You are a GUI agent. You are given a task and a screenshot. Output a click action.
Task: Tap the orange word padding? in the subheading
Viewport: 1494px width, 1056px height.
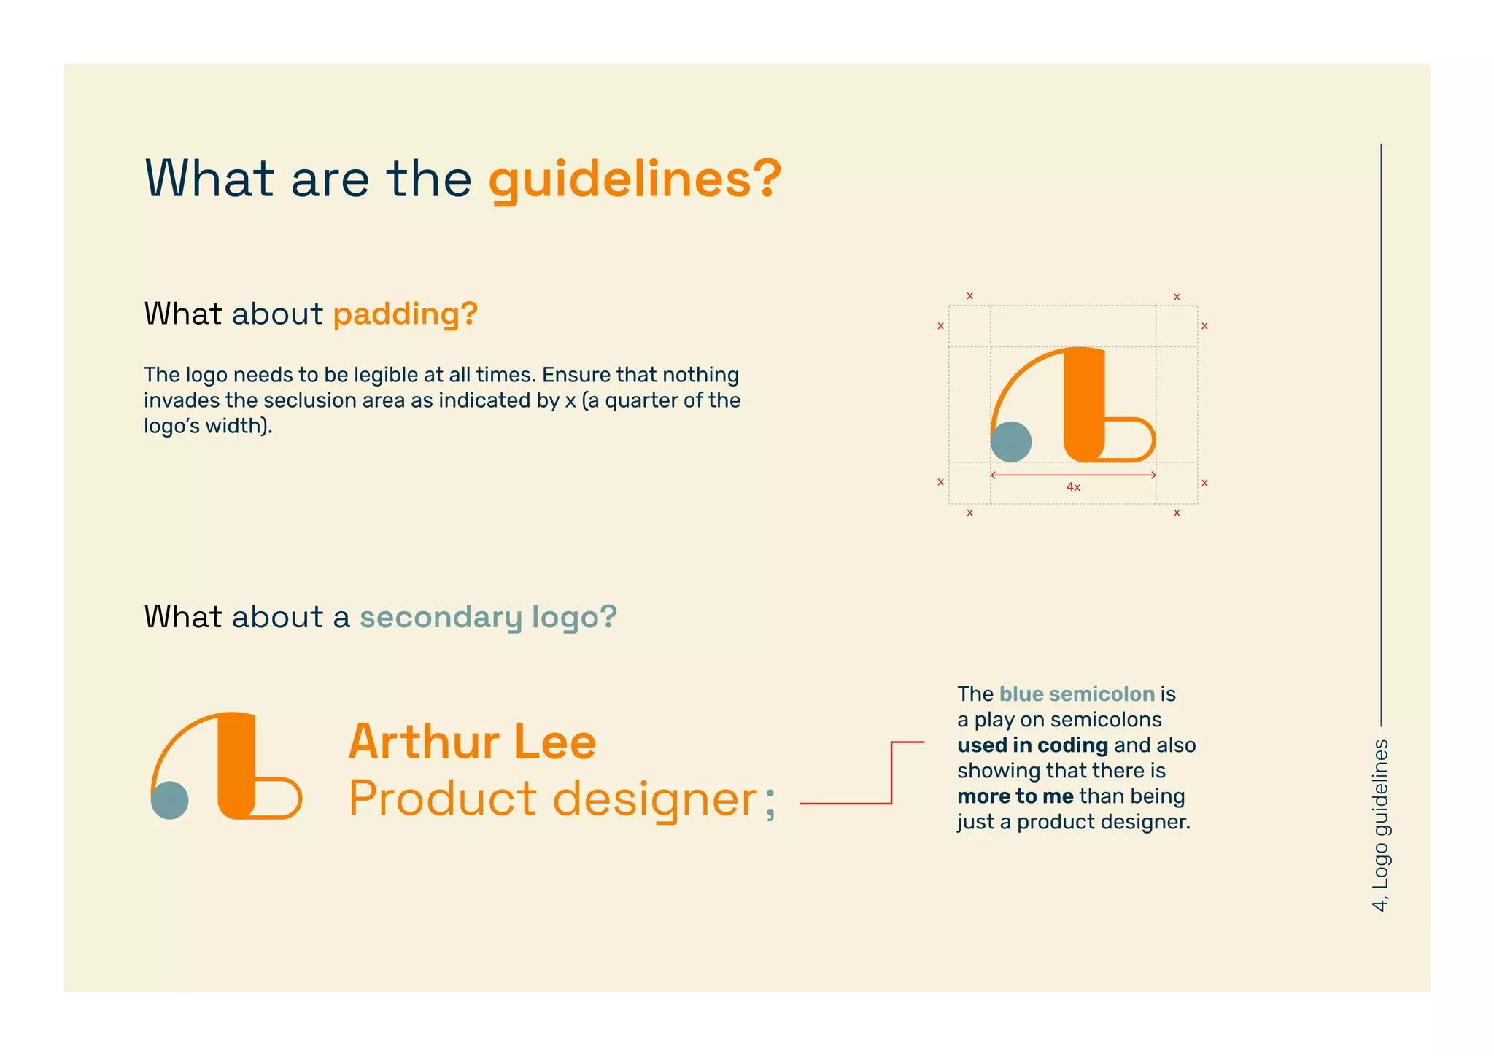coord(406,314)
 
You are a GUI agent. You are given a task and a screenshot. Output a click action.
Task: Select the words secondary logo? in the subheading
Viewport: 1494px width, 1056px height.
coord(488,617)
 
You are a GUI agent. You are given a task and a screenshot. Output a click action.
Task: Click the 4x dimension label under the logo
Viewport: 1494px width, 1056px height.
coord(1073,487)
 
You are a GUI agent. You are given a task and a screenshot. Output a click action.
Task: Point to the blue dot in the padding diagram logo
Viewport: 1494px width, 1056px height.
coord(1011,441)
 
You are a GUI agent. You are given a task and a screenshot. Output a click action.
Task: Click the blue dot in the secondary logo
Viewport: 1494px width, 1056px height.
coord(170,800)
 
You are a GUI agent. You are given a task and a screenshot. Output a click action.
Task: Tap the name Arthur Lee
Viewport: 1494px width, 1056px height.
coord(473,742)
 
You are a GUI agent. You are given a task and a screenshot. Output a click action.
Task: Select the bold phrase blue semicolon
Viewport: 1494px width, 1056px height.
coord(1077,694)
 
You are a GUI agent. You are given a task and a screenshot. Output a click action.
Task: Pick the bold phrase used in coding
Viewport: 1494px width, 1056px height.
coord(1032,745)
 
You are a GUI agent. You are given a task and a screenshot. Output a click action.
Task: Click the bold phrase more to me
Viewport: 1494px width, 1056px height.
coord(1015,796)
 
